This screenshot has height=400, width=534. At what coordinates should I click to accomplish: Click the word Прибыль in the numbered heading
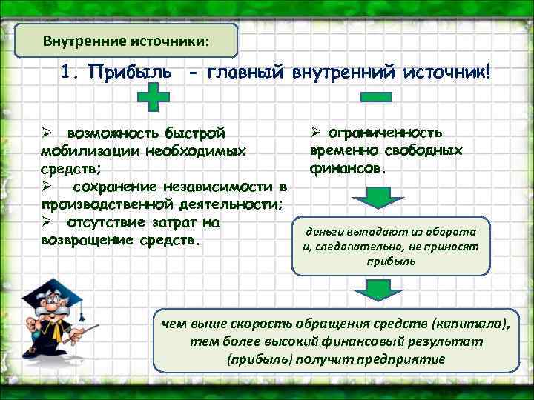click(x=131, y=73)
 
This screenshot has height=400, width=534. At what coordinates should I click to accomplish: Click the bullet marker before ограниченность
click(x=314, y=133)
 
